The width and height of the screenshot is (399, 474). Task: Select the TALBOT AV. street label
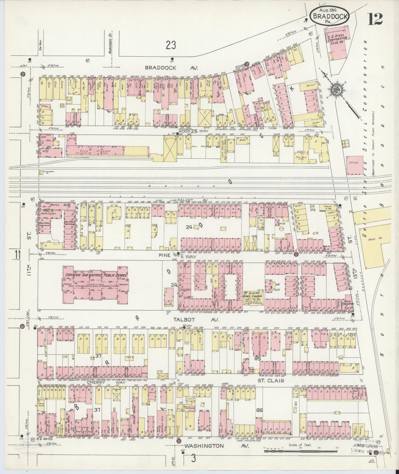click(196, 320)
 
